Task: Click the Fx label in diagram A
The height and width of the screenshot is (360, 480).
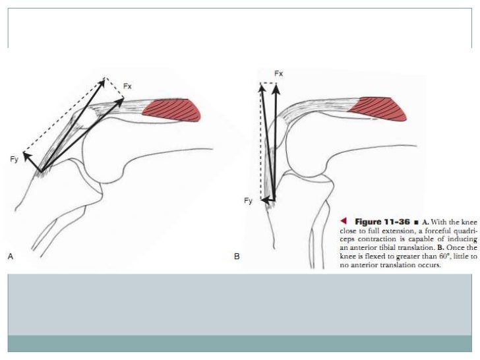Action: [x=128, y=86]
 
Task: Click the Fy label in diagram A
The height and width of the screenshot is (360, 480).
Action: [x=15, y=159]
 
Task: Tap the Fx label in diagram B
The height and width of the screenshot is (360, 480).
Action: [x=278, y=73]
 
